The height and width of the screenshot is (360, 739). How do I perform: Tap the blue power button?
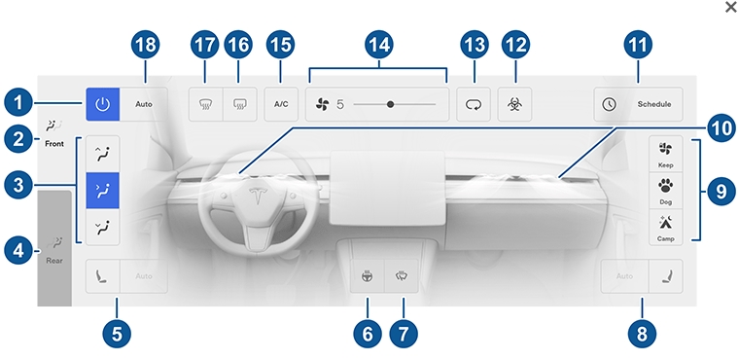tap(102, 104)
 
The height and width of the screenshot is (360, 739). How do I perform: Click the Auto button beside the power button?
tap(144, 104)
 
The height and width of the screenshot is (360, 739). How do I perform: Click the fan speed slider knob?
tap(390, 104)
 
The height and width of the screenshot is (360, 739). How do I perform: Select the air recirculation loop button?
tap(474, 104)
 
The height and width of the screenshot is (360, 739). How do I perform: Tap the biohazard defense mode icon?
tap(514, 104)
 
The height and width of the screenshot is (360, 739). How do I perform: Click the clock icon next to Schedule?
tap(610, 104)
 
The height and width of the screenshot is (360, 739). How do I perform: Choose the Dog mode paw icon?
tap(665, 186)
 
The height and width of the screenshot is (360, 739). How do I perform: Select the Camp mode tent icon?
tap(665, 222)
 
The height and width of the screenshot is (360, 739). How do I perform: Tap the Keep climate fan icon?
tap(665, 150)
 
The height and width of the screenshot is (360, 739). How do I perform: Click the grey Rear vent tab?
tap(54, 249)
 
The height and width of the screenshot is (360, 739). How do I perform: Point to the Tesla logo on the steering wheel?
tap(259, 197)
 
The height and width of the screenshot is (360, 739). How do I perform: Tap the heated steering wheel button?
tap(368, 276)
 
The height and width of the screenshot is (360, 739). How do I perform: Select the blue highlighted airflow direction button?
tap(102, 191)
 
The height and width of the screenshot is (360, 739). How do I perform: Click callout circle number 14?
tap(378, 45)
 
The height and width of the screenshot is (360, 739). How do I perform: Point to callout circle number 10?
tap(721, 128)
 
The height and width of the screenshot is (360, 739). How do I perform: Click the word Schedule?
tap(654, 104)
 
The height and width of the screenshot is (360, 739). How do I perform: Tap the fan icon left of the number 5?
tap(323, 104)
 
